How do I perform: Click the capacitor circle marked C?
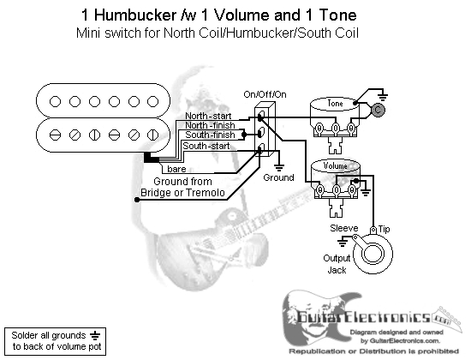click(378, 110)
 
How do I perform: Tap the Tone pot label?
click(335, 104)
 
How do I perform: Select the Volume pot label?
click(335, 165)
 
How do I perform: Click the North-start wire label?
click(208, 116)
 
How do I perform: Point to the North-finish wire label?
click(210, 125)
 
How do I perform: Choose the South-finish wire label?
click(210, 135)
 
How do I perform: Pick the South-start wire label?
click(206, 146)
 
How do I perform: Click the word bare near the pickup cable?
click(176, 169)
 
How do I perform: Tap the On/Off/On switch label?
click(265, 94)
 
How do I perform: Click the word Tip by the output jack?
click(385, 229)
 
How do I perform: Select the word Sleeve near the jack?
click(344, 228)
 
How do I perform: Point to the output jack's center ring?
click(373, 253)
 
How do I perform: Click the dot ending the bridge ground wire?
click(137, 200)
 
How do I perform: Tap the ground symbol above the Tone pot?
click(383, 97)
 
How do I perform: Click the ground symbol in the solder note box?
click(95, 336)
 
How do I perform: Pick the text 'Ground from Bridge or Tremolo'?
click(182, 187)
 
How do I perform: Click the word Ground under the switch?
click(278, 177)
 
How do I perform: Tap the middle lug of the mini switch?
click(260, 132)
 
